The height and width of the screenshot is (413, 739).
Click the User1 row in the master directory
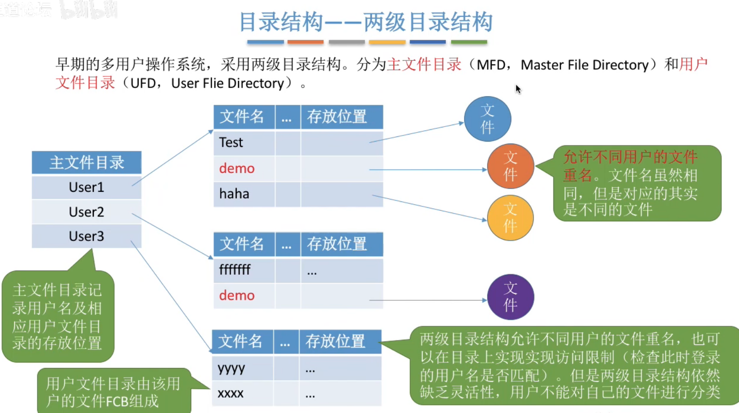tap(86, 187)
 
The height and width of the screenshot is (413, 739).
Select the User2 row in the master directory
tap(86, 212)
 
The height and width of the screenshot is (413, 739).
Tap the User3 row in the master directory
tap(86, 236)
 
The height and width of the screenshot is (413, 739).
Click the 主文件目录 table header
tap(86, 162)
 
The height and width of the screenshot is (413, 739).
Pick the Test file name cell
tap(231, 143)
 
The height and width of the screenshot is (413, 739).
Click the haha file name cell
tap(234, 194)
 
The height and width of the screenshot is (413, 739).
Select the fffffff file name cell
tap(235, 270)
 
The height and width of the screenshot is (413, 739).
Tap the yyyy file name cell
tap(231, 368)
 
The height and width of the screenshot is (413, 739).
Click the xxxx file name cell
tap(231, 394)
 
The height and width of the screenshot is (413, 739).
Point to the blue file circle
tap(488, 119)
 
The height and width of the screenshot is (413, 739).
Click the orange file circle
tap(510, 166)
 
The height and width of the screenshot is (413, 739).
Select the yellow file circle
tap(510, 218)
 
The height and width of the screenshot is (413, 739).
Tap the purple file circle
tap(510, 297)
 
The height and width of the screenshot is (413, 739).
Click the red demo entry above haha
tap(237, 168)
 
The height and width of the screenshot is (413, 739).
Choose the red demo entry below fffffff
tap(237, 296)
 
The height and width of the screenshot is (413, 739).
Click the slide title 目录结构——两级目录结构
tap(366, 22)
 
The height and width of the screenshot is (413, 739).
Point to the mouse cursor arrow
tap(518, 89)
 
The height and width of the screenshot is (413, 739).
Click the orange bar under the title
tap(305, 42)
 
